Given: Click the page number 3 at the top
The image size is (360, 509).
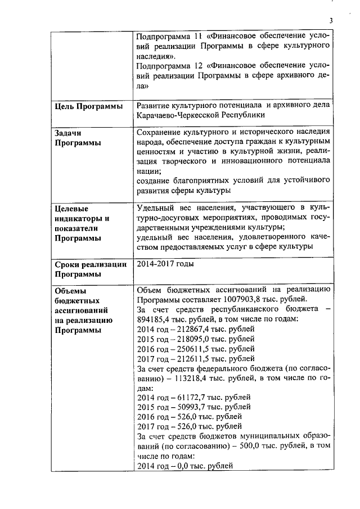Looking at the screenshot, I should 331,21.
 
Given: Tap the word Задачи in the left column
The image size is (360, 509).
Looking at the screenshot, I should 68,133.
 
